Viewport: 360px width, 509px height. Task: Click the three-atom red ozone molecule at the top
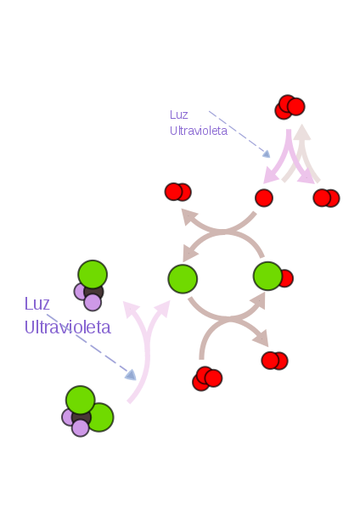click(290, 107)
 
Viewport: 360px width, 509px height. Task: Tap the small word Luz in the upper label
click(178, 115)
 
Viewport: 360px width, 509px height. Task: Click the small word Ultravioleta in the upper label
click(199, 131)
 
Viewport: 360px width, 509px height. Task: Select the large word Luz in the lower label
click(37, 304)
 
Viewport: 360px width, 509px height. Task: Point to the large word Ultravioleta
click(68, 327)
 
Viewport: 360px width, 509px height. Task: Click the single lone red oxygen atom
click(264, 198)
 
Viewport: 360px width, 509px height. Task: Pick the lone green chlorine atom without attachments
click(183, 279)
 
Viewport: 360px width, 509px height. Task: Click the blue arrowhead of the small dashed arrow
click(266, 154)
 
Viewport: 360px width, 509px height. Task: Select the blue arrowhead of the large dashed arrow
click(131, 375)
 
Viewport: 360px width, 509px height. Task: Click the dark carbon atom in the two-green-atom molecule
click(82, 417)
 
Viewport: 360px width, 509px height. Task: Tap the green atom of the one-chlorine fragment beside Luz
click(93, 274)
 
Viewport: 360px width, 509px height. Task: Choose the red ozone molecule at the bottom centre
click(207, 378)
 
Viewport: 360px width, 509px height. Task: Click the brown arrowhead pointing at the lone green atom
click(189, 253)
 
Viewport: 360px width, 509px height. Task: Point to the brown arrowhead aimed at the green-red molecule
click(259, 300)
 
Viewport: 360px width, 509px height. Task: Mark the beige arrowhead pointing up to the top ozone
click(302, 131)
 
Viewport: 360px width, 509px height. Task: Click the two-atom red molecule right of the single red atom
click(326, 198)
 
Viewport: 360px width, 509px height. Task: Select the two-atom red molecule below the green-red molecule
click(274, 361)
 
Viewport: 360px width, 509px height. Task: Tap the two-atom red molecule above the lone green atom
click(178, 192)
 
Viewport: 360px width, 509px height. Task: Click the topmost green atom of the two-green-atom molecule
click(81, 400)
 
